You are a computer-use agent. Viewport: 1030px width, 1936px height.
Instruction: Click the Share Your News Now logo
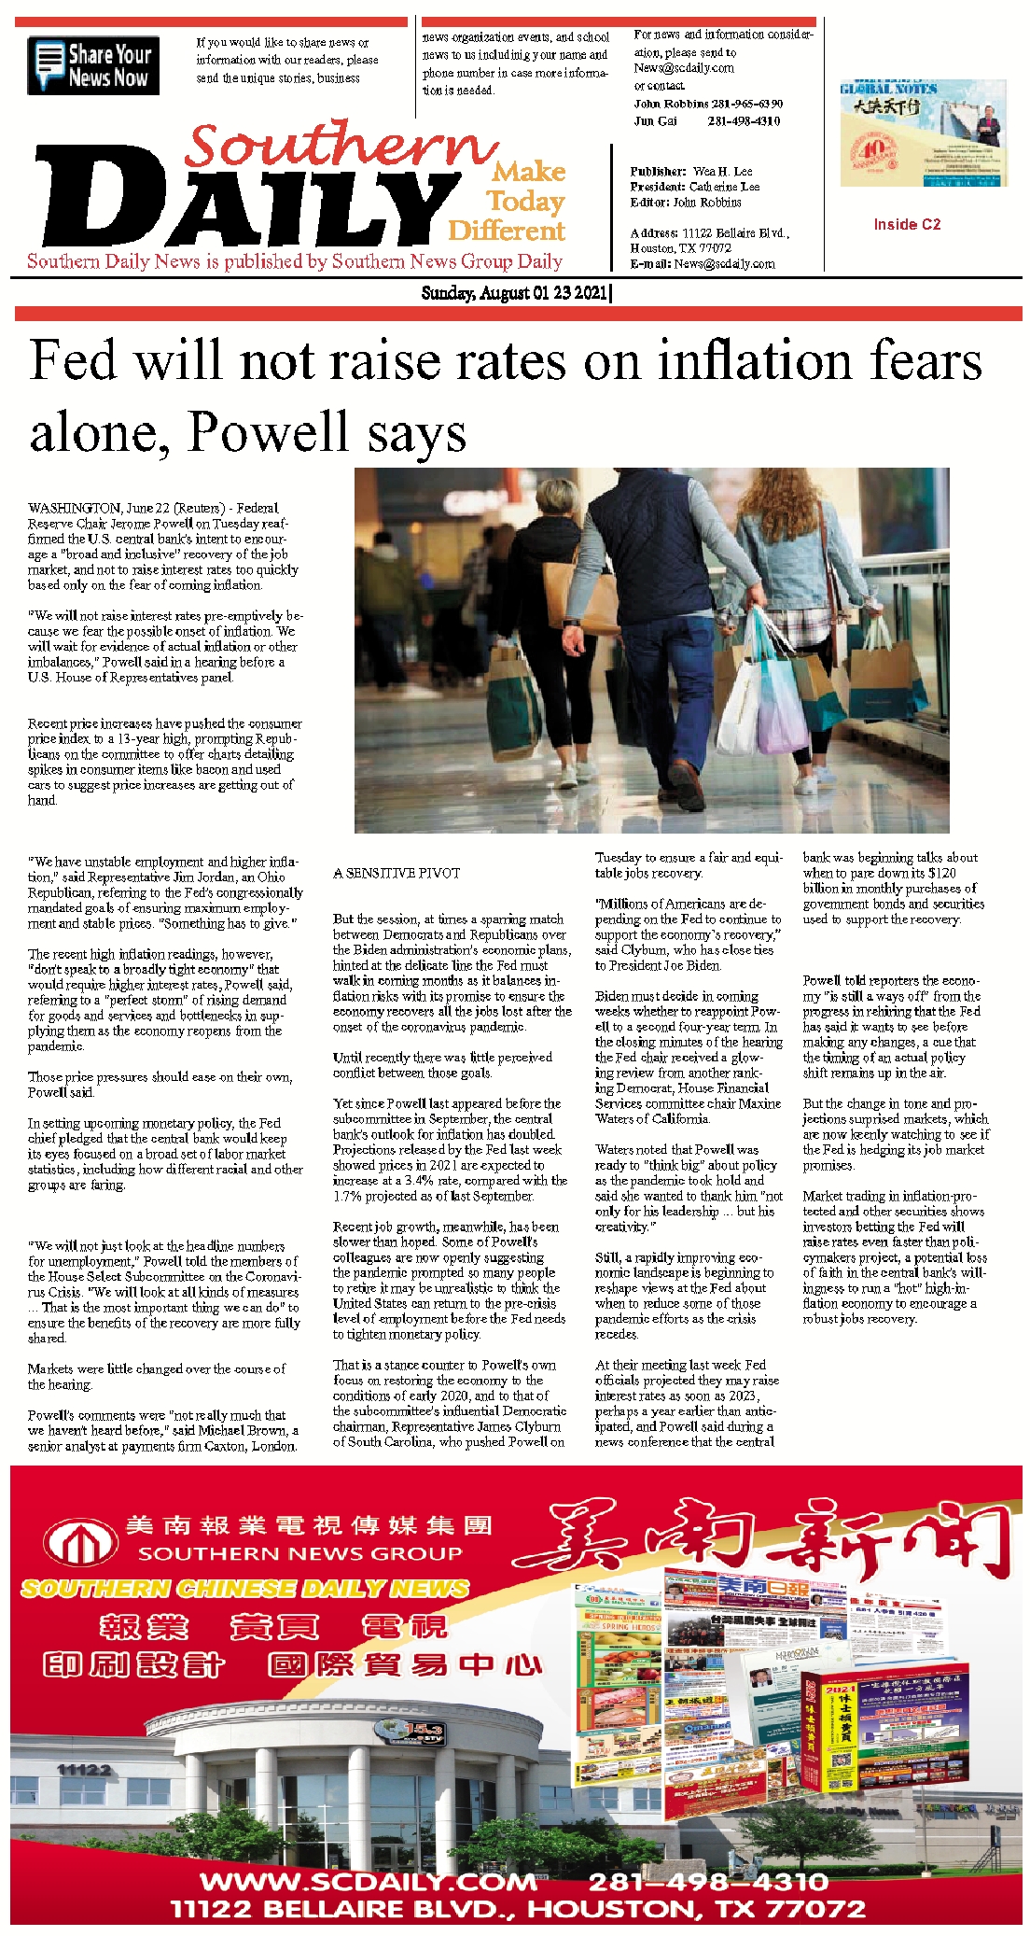93,65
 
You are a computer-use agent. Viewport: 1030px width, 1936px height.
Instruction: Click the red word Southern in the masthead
341,147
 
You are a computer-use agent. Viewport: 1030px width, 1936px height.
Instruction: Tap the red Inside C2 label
907,224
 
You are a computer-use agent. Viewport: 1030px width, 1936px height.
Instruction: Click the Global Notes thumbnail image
923,133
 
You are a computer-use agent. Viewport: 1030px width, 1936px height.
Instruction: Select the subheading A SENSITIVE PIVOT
397,873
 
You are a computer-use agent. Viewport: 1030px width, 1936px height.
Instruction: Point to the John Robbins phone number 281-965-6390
745,104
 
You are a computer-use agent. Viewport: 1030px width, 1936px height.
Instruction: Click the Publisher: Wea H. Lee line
691,171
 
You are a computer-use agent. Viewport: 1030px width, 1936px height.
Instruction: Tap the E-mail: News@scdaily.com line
703,263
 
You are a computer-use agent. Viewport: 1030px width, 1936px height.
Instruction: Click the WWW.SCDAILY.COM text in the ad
369,1880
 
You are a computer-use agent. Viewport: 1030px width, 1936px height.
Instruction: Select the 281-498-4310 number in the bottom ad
708,1880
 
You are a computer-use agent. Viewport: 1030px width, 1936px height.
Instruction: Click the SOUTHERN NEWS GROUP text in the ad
300,1553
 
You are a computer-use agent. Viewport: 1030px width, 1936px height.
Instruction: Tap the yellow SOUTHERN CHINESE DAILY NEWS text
244,1588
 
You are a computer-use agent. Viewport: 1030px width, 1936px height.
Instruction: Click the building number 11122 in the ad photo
84,1770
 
